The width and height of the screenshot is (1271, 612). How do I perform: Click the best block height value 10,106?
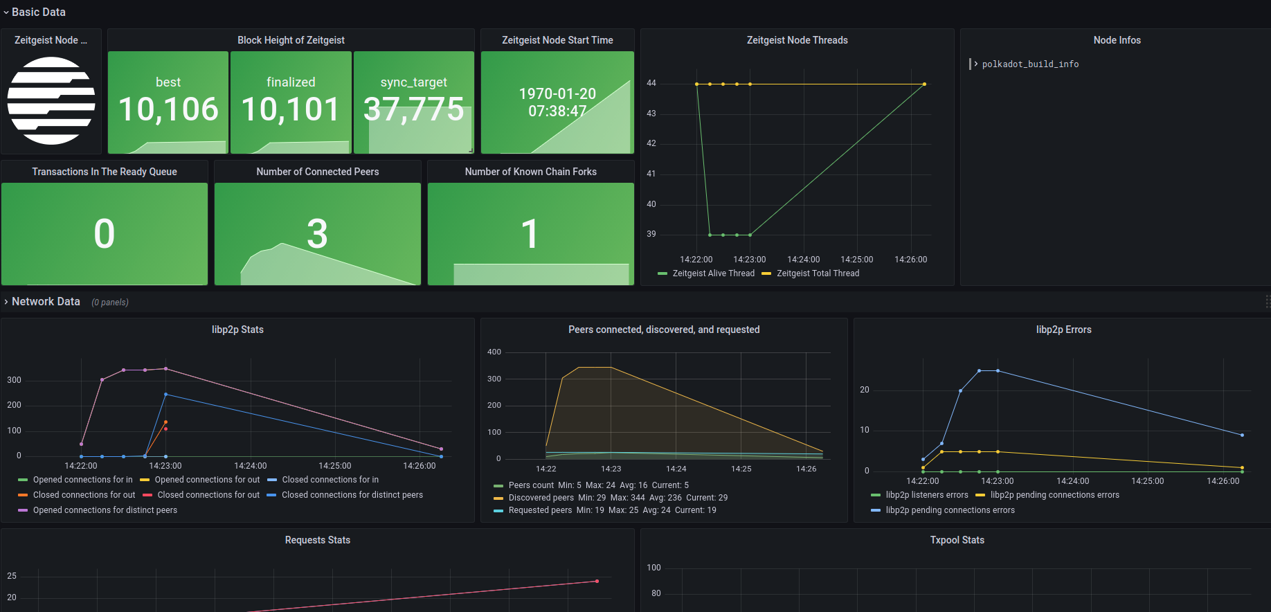[168, 109]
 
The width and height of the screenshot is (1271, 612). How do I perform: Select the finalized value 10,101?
[291, 109]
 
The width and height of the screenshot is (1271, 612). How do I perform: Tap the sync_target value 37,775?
[414, 109]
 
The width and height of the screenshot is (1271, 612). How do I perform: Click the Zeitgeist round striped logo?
[51, 101]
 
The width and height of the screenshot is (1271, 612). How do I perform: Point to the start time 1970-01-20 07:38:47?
[557, 102]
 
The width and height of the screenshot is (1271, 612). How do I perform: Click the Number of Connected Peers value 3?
[317, 234]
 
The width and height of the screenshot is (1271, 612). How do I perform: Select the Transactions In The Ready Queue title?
[105, 172]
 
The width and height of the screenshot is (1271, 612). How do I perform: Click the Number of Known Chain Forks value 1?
[530, 234]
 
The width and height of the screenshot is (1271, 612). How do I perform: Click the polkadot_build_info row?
[1029, 64]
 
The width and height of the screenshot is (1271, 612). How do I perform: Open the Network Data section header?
[46, 302]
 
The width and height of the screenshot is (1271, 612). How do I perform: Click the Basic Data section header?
[39, 12]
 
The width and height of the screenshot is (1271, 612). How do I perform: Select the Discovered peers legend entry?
[541, 498]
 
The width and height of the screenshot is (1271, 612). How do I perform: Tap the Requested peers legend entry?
[540, 510]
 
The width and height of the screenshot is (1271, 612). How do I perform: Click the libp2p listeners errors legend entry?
[926, 495]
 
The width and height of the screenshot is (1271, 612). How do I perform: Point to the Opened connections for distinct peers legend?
[105, 510]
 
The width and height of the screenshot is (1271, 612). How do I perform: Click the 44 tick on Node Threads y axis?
[651, 83]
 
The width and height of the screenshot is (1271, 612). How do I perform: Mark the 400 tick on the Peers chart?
[494, 352]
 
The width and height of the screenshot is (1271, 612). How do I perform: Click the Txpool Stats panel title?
[957, 540]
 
